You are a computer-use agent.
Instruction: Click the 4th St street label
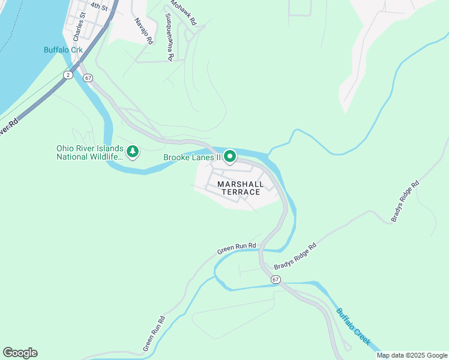tap(99, 7)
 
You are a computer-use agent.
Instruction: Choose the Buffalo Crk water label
tap(62, 50)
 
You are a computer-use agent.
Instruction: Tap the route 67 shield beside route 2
tap(88, 78)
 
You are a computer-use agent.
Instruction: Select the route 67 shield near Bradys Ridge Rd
tap(276, 280)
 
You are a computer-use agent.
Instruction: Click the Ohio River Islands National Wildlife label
tap(90, 152)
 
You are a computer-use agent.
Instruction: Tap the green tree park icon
tap(133, 152)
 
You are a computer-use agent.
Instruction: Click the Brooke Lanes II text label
tap(193, 158)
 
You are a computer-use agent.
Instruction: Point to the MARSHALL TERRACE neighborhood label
tap(239, 188)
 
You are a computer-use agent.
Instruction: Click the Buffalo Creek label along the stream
tap(352, 326)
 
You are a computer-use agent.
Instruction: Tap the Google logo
tap(20, 353)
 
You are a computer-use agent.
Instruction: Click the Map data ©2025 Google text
tap(412, 355)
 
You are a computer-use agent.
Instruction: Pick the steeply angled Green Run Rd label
tap(154, 334)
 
